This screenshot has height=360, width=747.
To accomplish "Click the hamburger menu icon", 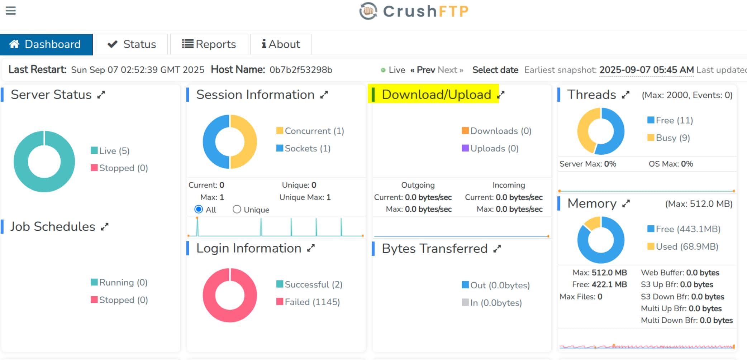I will [11, 11].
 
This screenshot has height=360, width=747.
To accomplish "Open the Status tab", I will [132, 44].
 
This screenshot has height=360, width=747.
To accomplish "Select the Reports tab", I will [209, 44].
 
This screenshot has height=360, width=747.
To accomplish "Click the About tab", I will [281, 44].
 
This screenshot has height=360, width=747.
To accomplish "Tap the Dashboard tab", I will [46, 44].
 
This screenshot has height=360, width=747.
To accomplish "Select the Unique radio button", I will [237, 209].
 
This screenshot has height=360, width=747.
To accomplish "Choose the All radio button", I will [199, 209].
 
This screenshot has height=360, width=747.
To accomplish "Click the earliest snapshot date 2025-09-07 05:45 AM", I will [646, 70].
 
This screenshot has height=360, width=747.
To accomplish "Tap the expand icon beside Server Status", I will [101, 95].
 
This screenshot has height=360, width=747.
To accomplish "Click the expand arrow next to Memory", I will [626, 204].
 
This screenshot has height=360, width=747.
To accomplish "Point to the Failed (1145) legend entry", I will [308, 302].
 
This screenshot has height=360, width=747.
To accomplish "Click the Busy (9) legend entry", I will [669, 138].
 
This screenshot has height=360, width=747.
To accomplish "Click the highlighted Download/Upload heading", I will [436, 95].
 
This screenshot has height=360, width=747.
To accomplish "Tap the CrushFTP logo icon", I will [368, 11].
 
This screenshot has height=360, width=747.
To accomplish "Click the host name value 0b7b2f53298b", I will [301, 70].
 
